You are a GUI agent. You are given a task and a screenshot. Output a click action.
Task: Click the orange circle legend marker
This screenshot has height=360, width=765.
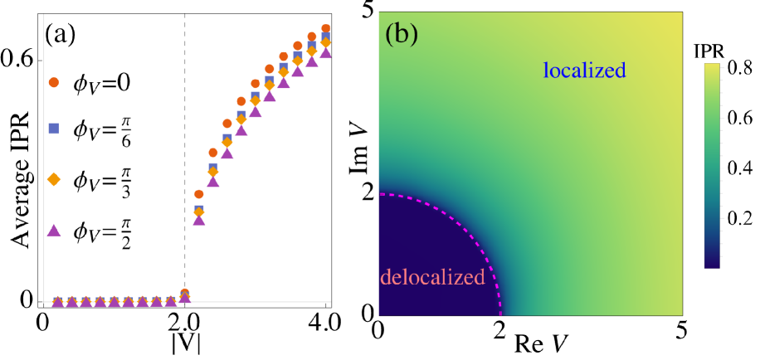coord(54,82)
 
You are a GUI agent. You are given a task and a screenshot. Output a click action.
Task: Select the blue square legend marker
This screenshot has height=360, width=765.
coord(54,129)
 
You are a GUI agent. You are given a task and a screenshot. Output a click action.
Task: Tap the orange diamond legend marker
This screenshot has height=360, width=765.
coord(54,179)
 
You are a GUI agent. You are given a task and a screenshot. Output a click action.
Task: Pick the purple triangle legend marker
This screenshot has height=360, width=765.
coord(54,230)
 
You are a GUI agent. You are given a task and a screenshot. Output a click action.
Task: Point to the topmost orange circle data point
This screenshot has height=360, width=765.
coord(325,28)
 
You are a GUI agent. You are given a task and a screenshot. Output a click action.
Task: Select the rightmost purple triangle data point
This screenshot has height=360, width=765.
coord(325,53)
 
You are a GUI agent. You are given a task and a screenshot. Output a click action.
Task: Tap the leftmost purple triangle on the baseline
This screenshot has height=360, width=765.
coord(57,301)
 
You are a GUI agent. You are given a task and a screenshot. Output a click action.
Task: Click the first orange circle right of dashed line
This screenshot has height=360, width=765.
coord(199,194)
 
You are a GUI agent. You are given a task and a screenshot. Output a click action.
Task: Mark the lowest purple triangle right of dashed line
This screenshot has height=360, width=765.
coord(199,219)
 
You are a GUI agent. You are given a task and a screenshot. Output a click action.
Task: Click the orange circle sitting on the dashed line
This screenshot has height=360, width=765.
coord(185,292)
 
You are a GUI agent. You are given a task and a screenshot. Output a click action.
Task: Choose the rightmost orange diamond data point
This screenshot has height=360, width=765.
coord(325,42)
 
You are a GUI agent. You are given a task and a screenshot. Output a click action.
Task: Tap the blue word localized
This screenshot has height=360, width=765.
coord(584,71)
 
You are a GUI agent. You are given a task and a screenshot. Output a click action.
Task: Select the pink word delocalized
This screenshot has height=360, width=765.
coord(432,278)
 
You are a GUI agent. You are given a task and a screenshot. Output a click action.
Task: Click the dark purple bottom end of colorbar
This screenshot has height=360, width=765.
coord(712,265)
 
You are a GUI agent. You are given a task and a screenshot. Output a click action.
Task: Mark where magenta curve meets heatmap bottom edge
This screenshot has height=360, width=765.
coord(501,314)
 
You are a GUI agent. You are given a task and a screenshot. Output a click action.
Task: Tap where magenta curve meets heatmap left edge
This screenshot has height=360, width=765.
coord(380,194)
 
